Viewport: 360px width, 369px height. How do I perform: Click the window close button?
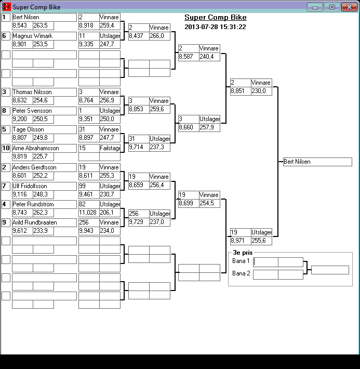coord(347,7)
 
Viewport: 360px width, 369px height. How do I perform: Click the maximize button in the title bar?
coord(331,7)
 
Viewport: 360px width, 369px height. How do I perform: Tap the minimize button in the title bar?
coord(315,7)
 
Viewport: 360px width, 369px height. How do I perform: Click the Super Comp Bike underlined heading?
coord(215,18)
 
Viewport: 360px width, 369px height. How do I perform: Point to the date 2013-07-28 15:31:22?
coord(215,27)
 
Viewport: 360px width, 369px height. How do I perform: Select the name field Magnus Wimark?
coord(44,36)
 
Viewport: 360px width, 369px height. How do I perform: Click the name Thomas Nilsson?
coord(44,92)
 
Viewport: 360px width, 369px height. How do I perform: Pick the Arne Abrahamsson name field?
coord(44,148)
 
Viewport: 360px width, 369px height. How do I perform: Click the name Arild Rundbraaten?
coord(44,222)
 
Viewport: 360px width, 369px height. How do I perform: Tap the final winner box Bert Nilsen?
coord(317,162)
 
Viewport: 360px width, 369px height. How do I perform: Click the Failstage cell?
coord(110,148)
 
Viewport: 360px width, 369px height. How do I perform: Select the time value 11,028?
coord(89,213)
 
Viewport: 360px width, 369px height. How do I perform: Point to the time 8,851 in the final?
coord(240,91)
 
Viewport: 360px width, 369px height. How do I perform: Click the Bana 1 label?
coord(241,261)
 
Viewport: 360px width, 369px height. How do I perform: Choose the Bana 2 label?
coord(241,273)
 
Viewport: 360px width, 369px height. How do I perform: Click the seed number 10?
coord(6,148)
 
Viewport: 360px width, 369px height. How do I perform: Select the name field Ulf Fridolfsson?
coord(44,186)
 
